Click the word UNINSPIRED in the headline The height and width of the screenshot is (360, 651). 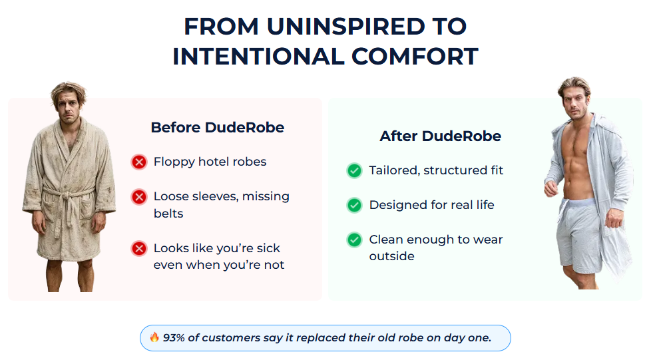[x=346, y=27]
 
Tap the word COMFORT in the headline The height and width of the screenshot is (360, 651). [x=415, y=57]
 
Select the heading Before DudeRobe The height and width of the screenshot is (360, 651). [x=217, y=128]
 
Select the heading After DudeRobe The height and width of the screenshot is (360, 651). [x=441, y=136]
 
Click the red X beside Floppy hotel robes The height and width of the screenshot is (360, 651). [x=139, y=162]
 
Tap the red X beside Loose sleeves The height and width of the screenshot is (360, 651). [x=139, y=197]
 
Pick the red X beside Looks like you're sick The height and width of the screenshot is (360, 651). [x=139, y=248]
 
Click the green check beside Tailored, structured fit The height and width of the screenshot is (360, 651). [x=355, y=170]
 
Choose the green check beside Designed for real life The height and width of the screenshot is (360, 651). [x=355, y=205]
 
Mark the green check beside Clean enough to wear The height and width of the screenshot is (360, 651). [x=355, y=240]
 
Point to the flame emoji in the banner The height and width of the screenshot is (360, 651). [x=154, y=337]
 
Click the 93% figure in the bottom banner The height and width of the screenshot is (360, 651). [x=174, y=337]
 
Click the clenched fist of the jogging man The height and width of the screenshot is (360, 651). [x=550, y=188]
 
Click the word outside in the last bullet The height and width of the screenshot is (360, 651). [x=391, y=256]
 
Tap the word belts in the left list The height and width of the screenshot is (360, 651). [x=168, y=214]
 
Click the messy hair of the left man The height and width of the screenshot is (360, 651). [x=68, y=92]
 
